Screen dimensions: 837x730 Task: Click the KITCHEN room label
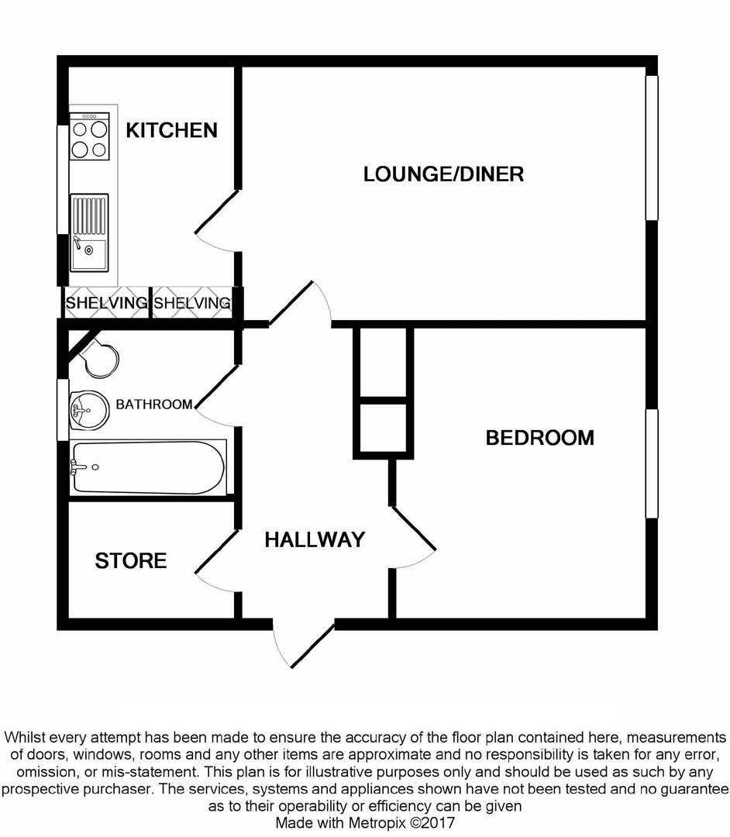[x=171, y=130]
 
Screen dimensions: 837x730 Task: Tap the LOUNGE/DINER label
[x=443, y=174]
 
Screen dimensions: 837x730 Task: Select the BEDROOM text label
[x=539, y=438]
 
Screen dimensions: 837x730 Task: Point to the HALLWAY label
[x=315, y=540]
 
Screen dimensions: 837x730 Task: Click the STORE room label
[x=131, y=560]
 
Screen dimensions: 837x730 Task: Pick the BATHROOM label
[x=153, y=405]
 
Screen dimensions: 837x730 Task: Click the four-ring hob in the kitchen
[x=89, y=137]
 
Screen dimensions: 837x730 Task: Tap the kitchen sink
[x=89, y=232]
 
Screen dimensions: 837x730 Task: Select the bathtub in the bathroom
[x=147, y=467]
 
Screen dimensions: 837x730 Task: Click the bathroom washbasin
[x=88, y=408]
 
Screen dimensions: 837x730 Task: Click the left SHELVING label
[x=105, y=303]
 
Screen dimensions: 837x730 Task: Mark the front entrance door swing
[x=305, y=643]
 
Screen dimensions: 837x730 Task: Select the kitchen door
[x=217, y=221]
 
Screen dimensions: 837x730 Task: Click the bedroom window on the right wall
[x=652, y=463]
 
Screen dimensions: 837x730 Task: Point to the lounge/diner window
[x=652, y=147]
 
